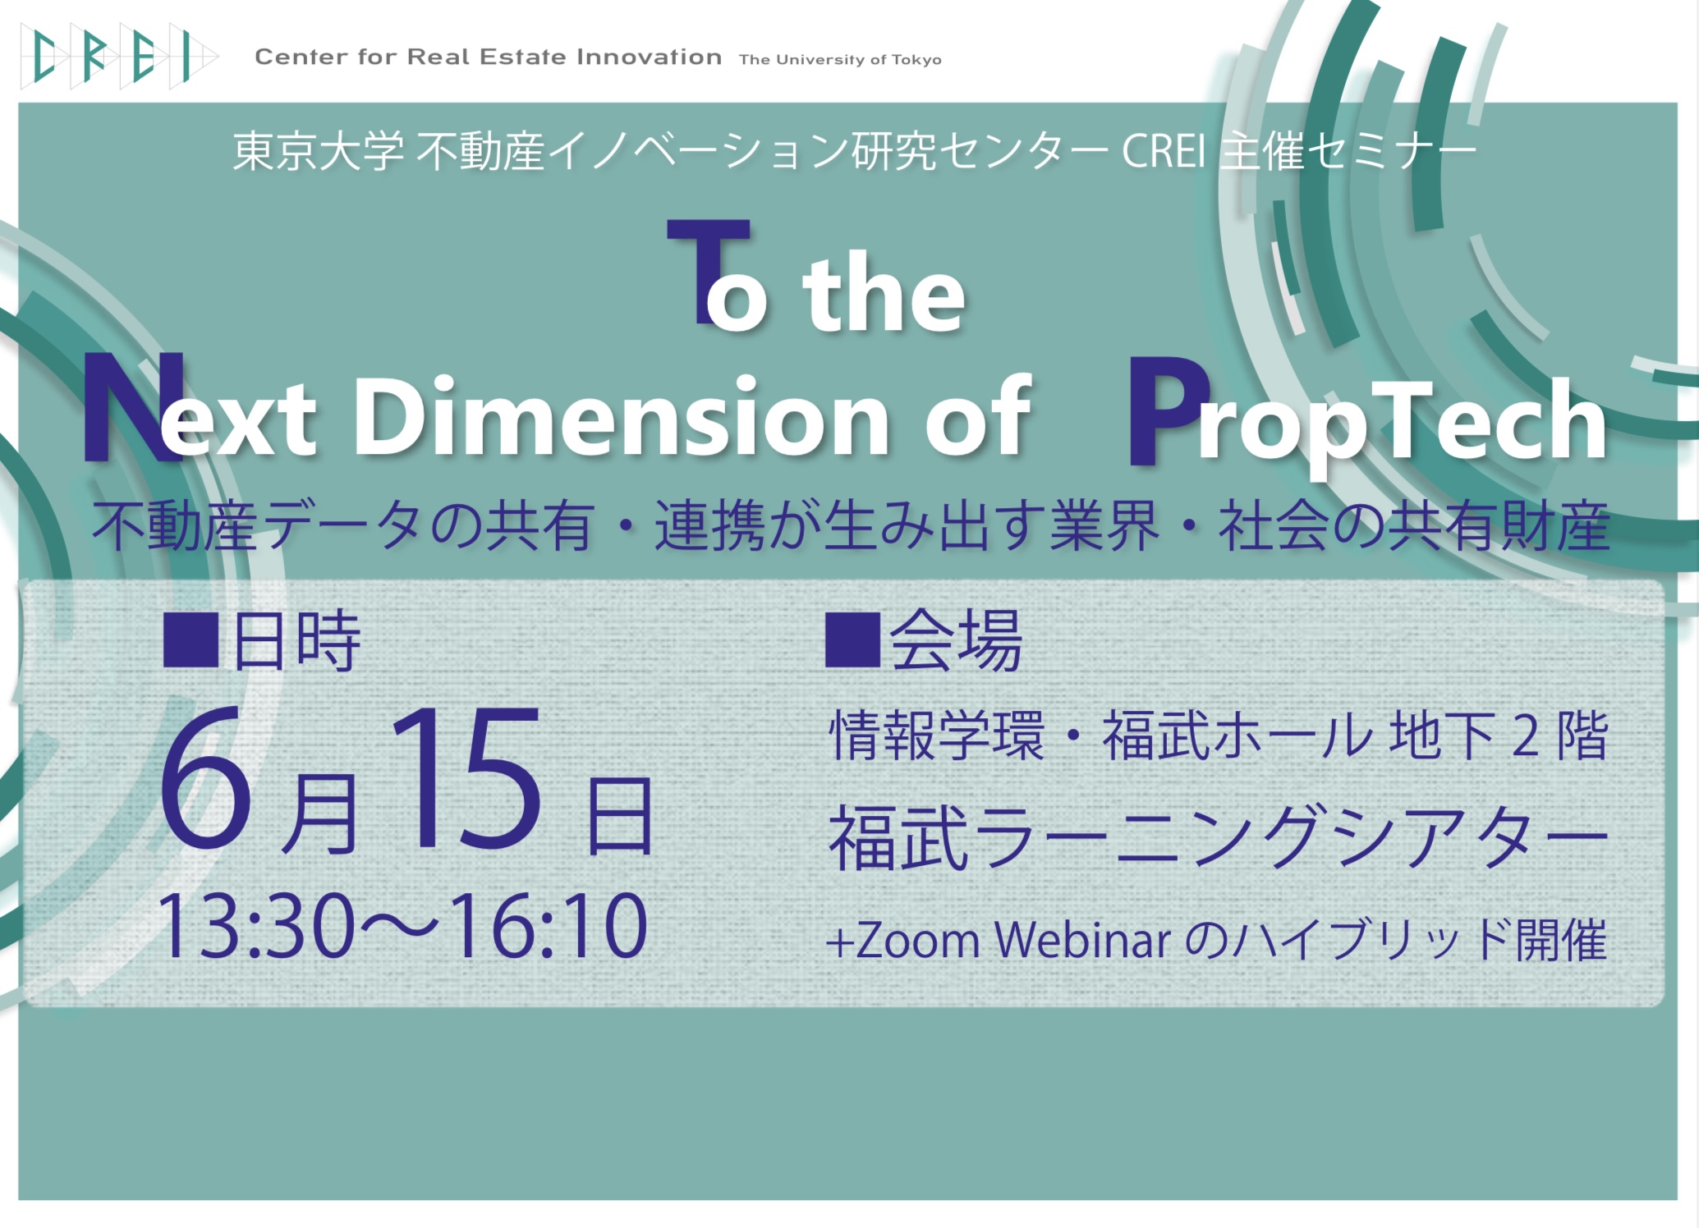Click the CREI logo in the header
pyautogui.click(x=119, y=57)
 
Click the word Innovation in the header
pyautogui.click(x=649, y=57)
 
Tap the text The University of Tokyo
pyautogui.click(x=840, y=60)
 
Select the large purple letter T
pyautogui.click(x=708, y=271)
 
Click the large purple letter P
pyautogui.click(x=1169, y=410)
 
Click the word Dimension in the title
pyautogui.click(x=622, y=416)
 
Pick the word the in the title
pyautogui.click(x=884, y=292)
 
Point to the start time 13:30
pyautogui.click(x=255, y=926)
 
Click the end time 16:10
pyautogui.click(x=549, y=926)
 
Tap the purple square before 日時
pyautogui.click(x=191, y=640)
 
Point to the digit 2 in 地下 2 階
pyautogui.click(x=1525, y=736)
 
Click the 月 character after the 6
pyautogui.click(x=320, y=813)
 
